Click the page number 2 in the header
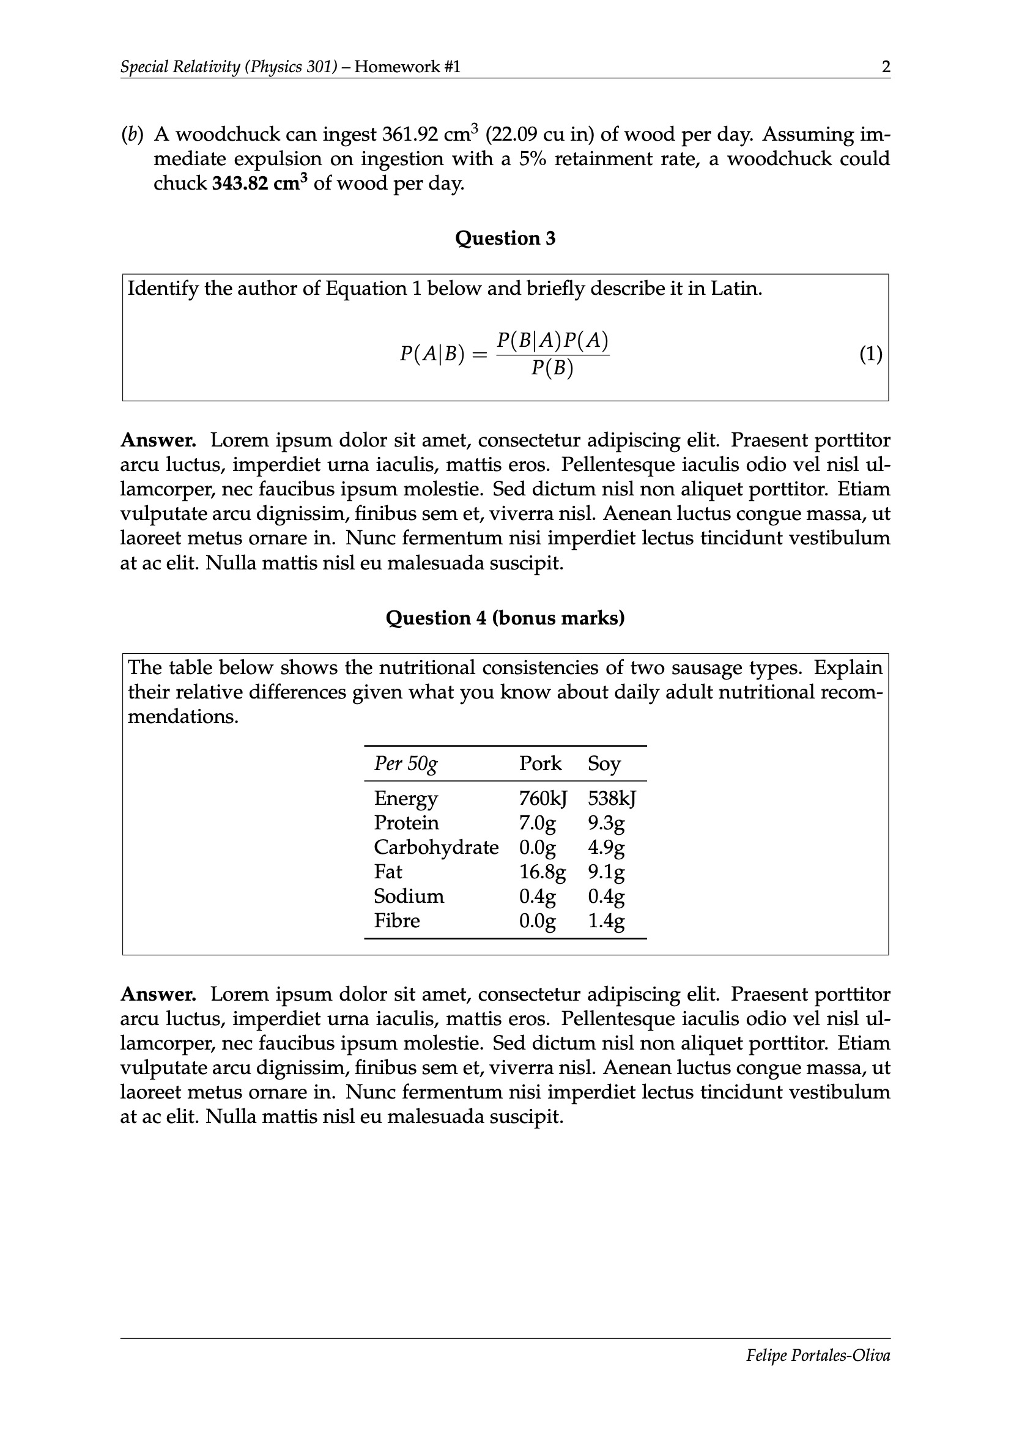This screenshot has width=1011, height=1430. coord(886,67)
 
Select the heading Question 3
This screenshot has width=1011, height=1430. coord(505,238)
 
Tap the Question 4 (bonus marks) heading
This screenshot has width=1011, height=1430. coord(505,618)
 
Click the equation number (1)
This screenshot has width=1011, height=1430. coord(871,354)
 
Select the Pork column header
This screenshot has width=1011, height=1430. coord(540,763)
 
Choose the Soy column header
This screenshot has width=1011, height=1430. coord(604,763)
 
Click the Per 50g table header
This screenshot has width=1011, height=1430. coord(406,763)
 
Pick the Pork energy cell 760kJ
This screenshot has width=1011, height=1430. coord(543,798)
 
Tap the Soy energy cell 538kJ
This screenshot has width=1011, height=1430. coord(612,798)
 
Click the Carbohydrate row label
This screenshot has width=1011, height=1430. coord(436,848)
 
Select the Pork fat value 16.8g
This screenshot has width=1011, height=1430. coord(543,872)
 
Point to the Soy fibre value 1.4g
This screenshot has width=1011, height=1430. coord(606,921)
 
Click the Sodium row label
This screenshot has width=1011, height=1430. coord(409,896)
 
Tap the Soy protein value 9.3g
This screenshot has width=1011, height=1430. coord(606,823)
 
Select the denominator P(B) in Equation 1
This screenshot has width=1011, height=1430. coord(552,369)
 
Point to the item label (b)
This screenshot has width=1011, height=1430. coord(132,135)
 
